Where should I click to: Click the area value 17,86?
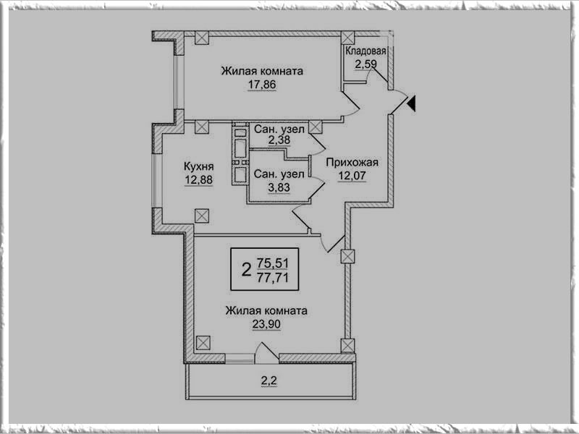point(261,84)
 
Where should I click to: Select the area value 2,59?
point(366,64)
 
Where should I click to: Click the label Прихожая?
point(352,162)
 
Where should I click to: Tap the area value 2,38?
point(279,140)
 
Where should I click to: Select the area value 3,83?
point(279,187)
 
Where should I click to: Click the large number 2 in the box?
point(245,270)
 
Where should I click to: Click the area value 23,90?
point(266,324)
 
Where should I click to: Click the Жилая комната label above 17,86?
point(261,71)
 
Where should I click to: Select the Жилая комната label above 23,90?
point(266,310)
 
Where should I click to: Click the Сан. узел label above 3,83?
point(279,174)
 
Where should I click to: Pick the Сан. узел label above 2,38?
point(279,128)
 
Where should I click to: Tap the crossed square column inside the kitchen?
point(201,215)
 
